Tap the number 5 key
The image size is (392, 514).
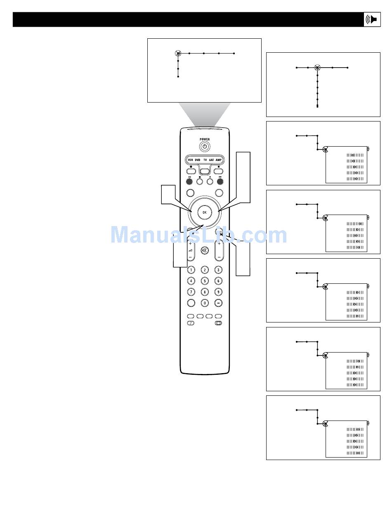[x=205, y=281]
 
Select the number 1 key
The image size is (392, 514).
[x=191, y=270]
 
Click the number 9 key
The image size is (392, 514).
[x=219, y=292]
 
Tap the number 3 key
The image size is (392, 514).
[x=219, y=270]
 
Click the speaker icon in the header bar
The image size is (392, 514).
[x=372, y=20]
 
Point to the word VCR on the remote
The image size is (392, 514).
[x=190, y=159]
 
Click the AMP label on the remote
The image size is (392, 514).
[x=219, y=159]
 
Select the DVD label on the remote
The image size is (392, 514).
[x=198, y=159]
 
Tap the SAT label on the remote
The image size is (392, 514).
[x=211, y=159]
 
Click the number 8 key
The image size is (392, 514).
[x=205, y=292]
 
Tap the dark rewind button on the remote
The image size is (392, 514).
[x=189, y=180]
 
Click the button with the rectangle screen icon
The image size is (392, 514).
[x=218, y=323]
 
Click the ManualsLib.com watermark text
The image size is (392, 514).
[x=199, y=235]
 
